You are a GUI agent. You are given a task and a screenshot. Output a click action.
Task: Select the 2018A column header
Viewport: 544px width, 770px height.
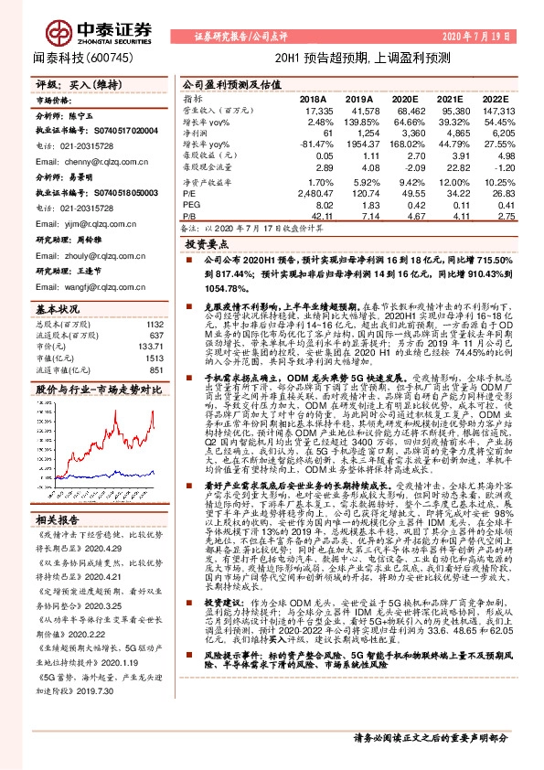313,99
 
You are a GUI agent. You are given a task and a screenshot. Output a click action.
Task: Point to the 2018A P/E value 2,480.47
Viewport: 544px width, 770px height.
311,194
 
